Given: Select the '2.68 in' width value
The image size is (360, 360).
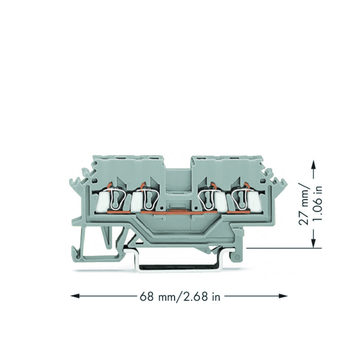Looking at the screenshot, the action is click(x=199, y=297).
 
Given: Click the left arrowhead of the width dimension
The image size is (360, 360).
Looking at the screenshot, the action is click(x=75, y=296).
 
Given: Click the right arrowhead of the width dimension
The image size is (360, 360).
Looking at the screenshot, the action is click(x=283, y=296).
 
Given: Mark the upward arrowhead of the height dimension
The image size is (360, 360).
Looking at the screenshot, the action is click(x=314, y=165).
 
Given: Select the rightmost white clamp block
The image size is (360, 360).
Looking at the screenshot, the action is click(x=255, y=202).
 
